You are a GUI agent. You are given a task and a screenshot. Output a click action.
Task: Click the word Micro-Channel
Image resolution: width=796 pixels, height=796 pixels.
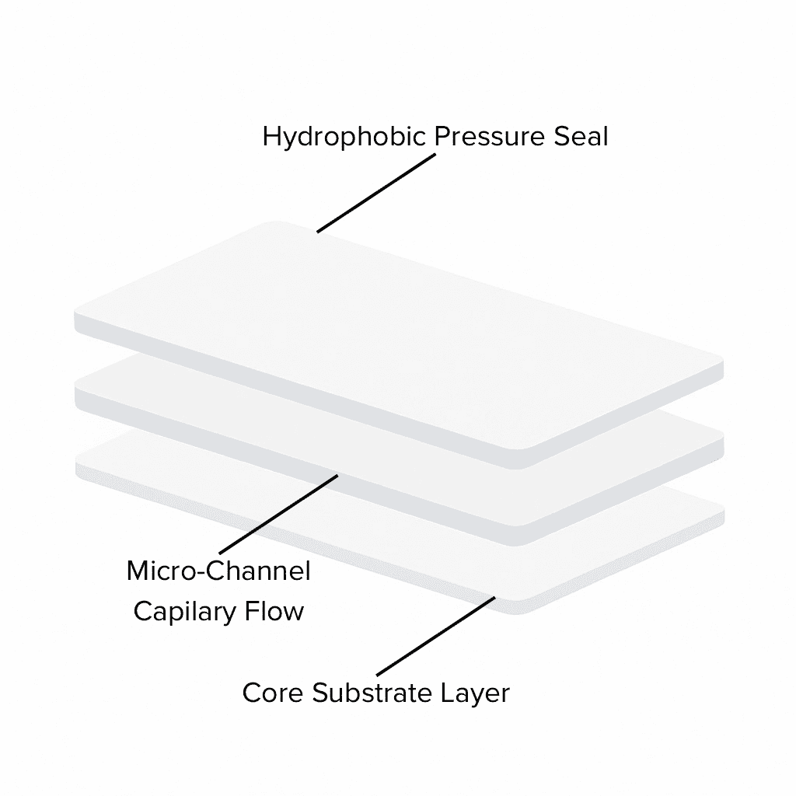click(218, 572)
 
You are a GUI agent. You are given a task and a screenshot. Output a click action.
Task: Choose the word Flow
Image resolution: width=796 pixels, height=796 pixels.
click(273, 611)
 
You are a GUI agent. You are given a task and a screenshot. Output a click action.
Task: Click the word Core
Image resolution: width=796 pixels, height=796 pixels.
click(274, 692)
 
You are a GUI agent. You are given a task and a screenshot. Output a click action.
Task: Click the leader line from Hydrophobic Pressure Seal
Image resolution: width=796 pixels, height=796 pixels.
click(375, 193)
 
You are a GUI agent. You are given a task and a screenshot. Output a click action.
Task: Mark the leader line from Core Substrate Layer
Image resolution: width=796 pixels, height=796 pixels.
click(435, 636)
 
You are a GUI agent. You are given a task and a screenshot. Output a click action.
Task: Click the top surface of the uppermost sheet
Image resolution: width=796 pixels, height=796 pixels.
click(389, 326)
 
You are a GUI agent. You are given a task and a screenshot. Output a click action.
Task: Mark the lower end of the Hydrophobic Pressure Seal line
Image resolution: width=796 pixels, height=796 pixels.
click(318, 232)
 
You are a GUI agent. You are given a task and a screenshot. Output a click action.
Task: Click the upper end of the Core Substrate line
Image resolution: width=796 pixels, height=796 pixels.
click(495, 597)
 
